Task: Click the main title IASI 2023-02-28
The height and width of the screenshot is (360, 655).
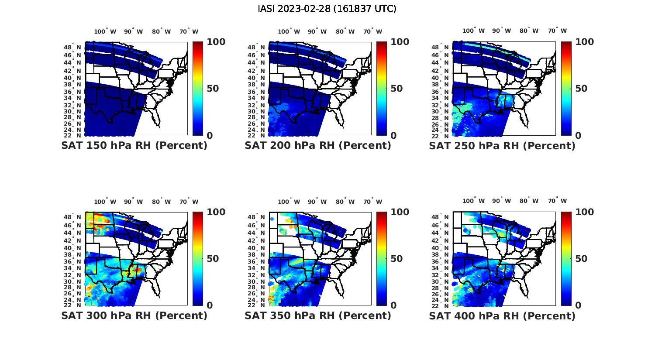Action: [327, 9]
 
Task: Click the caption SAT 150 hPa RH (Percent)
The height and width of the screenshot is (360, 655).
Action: [134, 146]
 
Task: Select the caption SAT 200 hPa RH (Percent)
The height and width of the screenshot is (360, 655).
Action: [318, 146]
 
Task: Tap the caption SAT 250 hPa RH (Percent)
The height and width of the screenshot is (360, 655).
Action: [502, 146]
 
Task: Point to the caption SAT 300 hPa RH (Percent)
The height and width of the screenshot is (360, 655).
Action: [134, 315]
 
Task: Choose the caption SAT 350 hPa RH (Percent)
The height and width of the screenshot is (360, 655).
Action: [318, 315]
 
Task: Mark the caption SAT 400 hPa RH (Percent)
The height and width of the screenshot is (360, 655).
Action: [502, 315]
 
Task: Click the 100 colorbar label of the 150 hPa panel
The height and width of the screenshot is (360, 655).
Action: [216, 42]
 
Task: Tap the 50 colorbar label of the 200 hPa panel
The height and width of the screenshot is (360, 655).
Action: [396, 89]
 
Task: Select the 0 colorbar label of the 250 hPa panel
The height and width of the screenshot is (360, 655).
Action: [578, 136]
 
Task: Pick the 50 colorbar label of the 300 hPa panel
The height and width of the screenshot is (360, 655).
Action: [213, 259]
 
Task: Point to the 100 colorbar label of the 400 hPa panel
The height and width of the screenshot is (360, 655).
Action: [585, 212]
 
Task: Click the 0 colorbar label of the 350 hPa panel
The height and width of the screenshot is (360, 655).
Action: [393, 305]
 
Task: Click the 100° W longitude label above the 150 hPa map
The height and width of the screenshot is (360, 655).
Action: [105, 31]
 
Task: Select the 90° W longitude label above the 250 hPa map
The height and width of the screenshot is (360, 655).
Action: [502, 31]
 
